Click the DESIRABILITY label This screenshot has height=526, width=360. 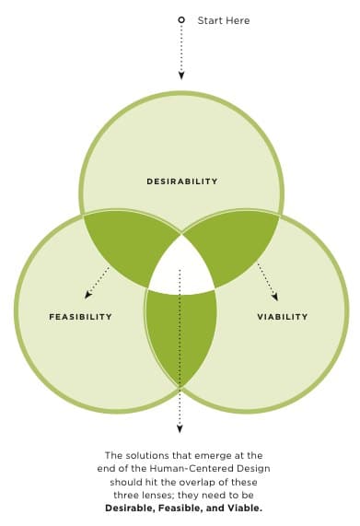181,181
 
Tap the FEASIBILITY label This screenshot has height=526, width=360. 80,317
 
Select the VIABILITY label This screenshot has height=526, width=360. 283,317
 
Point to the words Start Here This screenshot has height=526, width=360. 224,20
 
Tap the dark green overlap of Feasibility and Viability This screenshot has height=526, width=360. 181,336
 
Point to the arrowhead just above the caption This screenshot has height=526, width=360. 181,428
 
